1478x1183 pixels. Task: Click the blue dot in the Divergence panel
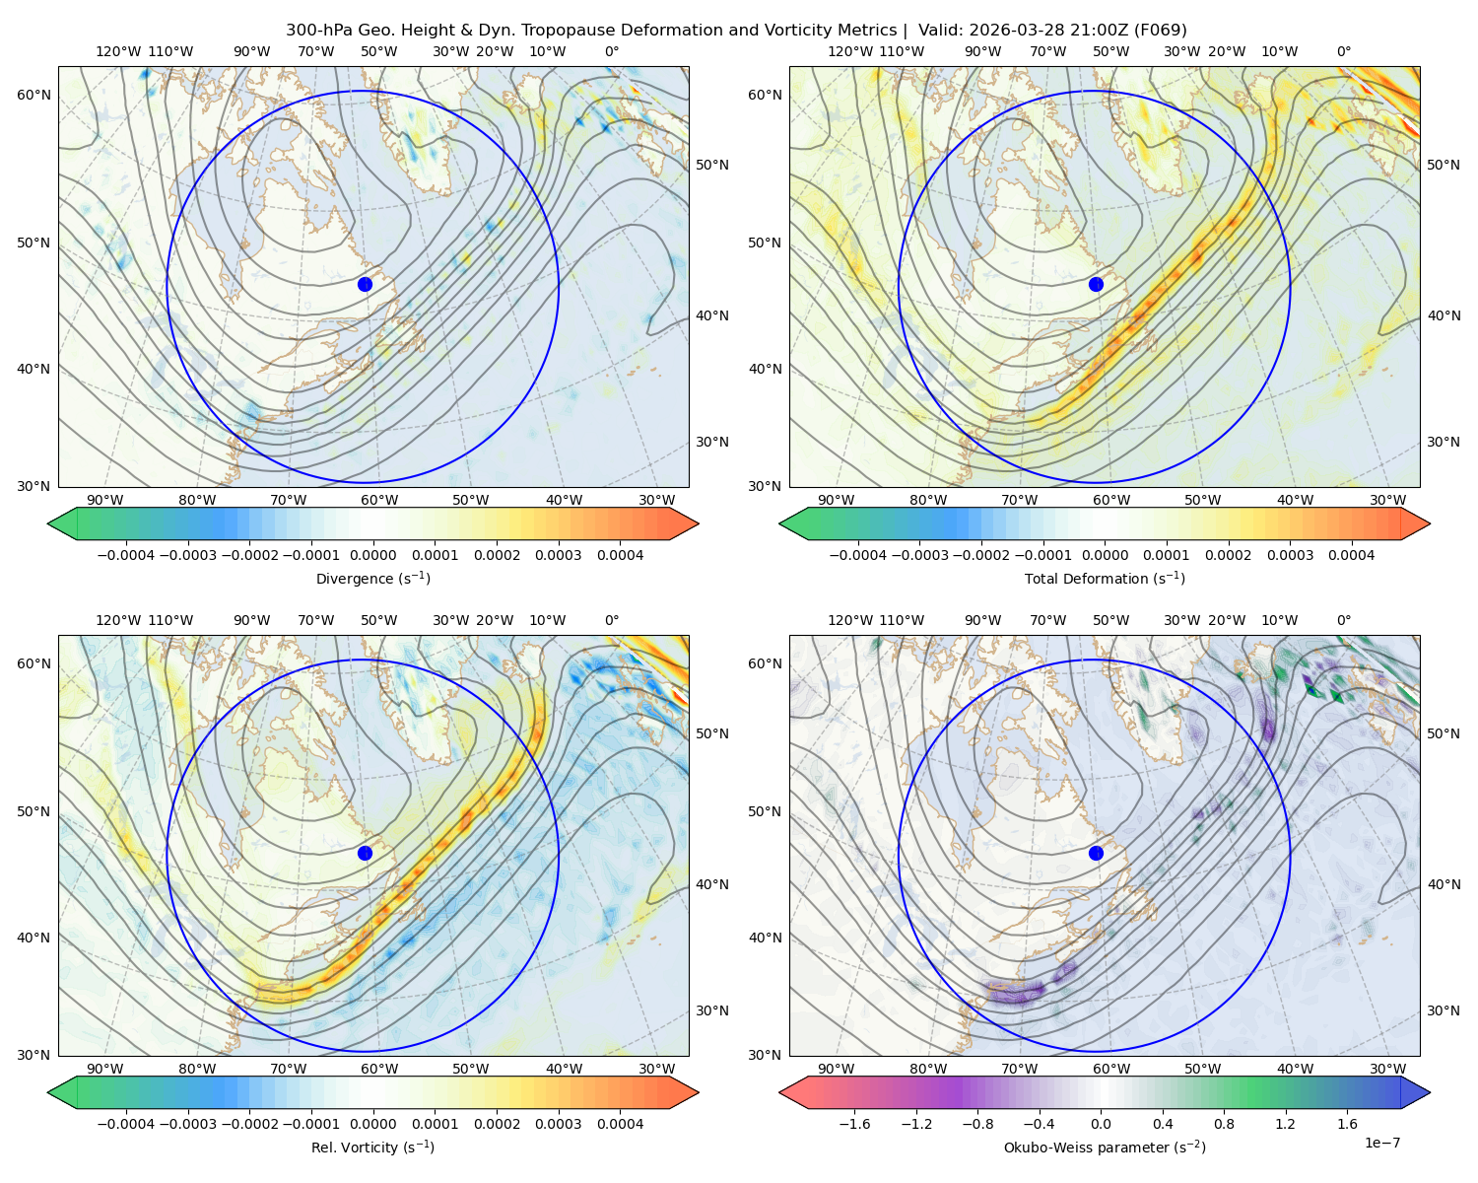(x=365, y=284)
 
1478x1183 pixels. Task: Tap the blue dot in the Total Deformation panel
(x=1096, y=284)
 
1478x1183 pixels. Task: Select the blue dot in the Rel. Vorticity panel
(x=365, y=853)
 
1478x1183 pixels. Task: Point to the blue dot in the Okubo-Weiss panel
(x=1096, y=853)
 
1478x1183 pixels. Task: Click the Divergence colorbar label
(x=372, y=578)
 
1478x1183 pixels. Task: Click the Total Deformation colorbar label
(x=1105, y=578)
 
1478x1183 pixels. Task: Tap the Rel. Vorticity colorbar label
(x=372, y=1147)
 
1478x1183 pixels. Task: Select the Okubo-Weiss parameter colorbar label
(x=1105, y=1147)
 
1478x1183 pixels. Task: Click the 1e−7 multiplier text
(x=1381, y=1143)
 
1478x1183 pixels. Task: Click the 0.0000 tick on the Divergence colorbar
(x=372, y=555)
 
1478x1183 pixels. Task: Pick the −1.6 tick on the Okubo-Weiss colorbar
(x=854, y=1123)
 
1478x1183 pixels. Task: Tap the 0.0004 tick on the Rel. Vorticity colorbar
(x=620, y=1123)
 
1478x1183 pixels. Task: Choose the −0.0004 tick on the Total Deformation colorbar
(x=858, y=555)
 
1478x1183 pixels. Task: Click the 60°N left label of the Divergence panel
(x=34, y=95)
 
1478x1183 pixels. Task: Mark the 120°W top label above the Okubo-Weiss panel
(x=849, y=620)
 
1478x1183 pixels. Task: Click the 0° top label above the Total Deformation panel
(x=1343, y=51)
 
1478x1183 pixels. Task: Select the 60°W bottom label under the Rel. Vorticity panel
(x=379, y=1069)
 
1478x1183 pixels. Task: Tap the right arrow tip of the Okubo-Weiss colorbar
(x=1430, y=1092)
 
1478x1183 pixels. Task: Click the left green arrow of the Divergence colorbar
(x=62, y=523)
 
